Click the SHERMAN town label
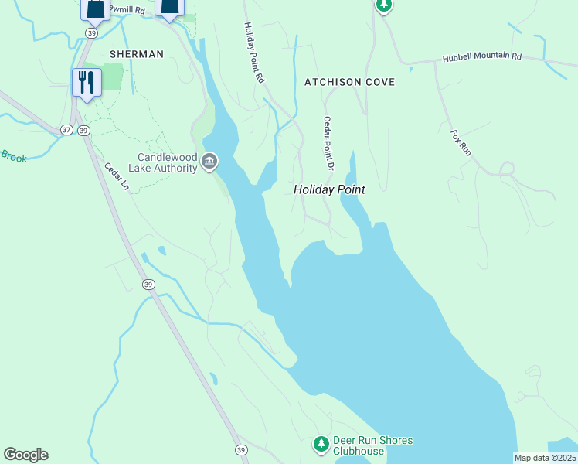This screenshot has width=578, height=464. (137, 54)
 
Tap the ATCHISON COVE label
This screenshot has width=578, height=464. (349, 82)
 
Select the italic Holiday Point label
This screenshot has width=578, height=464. (328, 189)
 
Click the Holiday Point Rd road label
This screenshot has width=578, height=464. (255, 53)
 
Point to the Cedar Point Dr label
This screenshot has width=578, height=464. (328, 143)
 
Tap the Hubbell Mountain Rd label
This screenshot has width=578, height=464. (482, 58)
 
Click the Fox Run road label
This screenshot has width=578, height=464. (461, 143)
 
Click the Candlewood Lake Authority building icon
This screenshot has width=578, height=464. (209, 162)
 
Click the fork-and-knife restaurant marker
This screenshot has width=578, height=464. (86, 81)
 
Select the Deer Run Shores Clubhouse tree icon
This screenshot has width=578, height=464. (321, 445)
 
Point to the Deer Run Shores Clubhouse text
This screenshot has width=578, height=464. (372, 446)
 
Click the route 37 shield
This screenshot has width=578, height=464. (67, 130)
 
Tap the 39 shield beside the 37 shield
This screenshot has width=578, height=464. (83, 130)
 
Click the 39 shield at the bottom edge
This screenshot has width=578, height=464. (241, 449)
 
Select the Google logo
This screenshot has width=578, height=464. (25, 455)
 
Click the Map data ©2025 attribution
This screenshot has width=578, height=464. (545, 458)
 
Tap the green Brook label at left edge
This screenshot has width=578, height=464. (13, 157)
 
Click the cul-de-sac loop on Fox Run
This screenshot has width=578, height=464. (507, 169)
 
